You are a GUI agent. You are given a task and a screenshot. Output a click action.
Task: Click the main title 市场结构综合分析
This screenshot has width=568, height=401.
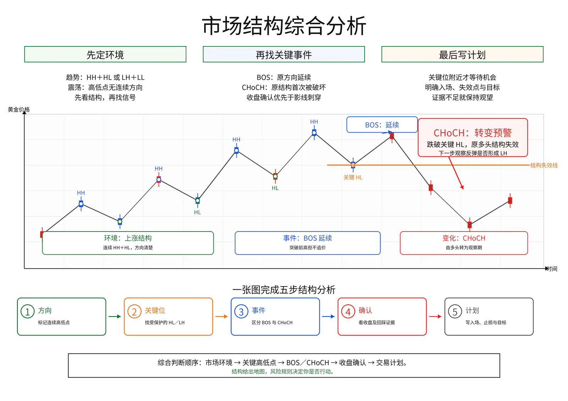[284, 26]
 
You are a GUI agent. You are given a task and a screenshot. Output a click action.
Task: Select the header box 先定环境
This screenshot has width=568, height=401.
[105, 54]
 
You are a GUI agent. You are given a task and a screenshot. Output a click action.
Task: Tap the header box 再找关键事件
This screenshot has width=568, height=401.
[284, 54]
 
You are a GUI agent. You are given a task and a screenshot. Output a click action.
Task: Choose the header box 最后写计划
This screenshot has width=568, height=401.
[462, 54]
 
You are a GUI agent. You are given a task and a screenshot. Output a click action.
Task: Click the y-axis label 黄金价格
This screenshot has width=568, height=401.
[19, 110]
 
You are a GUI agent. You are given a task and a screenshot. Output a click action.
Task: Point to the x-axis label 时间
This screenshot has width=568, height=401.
[552, 269]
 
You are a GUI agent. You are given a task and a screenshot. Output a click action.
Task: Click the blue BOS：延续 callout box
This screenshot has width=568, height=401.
[382, 125]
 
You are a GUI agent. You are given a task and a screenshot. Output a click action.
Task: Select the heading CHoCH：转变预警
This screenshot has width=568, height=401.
[473, 133]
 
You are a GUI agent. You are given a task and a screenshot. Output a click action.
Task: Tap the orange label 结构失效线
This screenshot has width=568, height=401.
[544, 166]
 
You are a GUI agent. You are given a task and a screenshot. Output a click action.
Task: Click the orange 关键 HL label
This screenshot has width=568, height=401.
[353, 177]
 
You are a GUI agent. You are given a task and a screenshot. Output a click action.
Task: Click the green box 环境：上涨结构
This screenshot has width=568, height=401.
[128, 243]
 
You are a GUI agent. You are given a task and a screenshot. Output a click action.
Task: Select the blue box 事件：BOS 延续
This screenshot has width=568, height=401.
[307, 243]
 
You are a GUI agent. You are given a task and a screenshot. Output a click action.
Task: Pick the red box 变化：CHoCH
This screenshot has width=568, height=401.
[464, 243]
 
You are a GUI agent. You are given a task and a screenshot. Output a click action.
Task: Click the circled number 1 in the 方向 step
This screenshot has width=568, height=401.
[27, 312]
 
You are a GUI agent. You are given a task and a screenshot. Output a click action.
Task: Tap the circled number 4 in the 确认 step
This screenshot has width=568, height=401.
[348, 312]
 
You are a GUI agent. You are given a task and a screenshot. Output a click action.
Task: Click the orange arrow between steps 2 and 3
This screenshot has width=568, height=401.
[222, 316]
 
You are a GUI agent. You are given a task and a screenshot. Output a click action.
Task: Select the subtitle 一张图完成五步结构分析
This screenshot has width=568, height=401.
[284, 290]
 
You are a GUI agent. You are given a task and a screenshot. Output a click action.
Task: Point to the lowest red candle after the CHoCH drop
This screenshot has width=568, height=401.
[470, 224]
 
